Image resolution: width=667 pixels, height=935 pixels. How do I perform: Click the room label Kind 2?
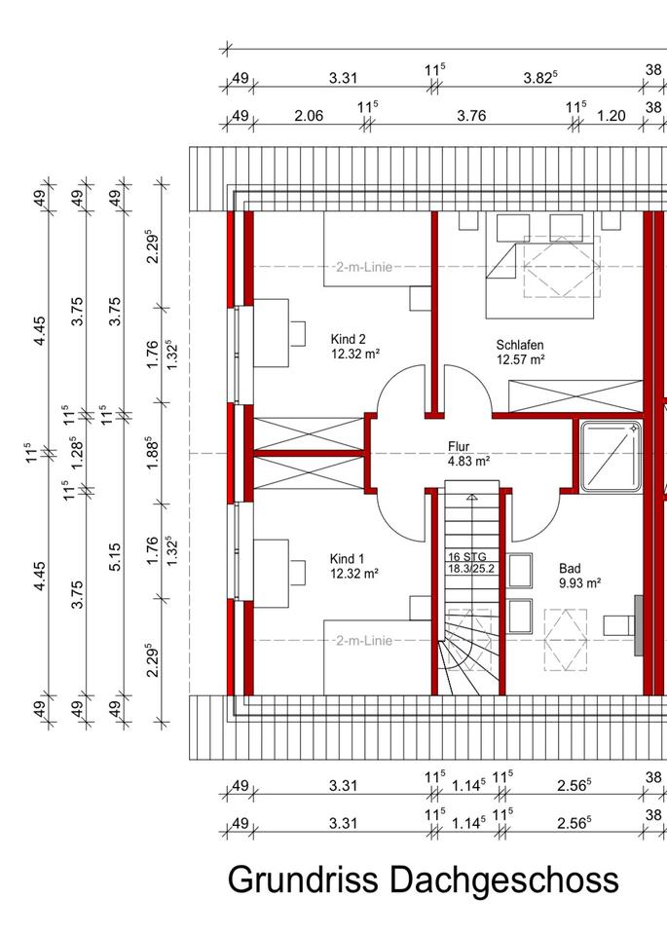pos(347,339)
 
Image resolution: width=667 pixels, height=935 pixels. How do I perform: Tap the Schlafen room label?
pos(519,345)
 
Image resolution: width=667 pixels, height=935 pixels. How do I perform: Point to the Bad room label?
pos(569,567)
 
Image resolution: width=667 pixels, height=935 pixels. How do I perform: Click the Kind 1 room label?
pos(347,558)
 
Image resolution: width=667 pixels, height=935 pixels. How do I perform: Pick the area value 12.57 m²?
pos(520,359)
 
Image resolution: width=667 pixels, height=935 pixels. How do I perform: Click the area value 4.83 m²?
pos(468,461)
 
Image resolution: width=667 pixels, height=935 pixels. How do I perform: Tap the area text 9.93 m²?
pos(579,582)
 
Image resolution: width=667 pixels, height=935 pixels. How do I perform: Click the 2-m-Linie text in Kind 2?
pos(363,266)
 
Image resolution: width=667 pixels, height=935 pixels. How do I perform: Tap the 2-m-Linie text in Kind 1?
pos(362,640)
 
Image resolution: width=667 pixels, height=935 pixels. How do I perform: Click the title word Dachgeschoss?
pos(504,879)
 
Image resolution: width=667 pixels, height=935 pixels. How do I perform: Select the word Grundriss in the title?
pos(304,879)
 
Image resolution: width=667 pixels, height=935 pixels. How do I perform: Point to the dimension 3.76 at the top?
pos(471,116)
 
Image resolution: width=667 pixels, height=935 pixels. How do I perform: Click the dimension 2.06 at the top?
pos(308,116)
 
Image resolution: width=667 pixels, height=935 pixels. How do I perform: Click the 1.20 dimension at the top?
pos(611,116)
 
